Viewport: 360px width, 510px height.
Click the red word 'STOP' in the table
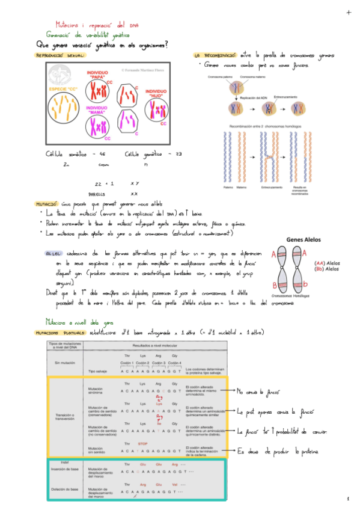click(143, 443)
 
